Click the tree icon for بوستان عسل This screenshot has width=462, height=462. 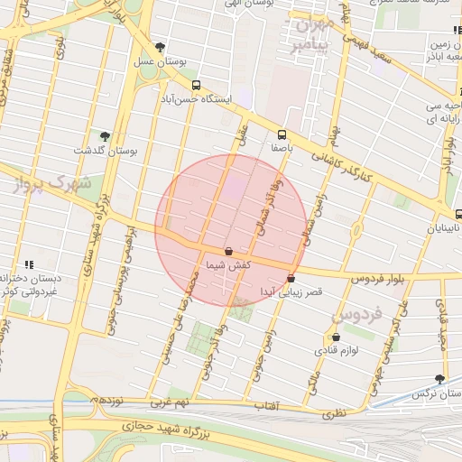[161, 47]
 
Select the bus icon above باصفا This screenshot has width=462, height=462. [282, 133]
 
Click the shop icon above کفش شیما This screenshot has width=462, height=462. [227, 252]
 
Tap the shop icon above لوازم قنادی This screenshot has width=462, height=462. [336, 337]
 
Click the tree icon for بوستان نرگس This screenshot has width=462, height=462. [439, 380]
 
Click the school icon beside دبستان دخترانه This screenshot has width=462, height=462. [29, 264]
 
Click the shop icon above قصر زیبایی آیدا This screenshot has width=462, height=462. [291, 279]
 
